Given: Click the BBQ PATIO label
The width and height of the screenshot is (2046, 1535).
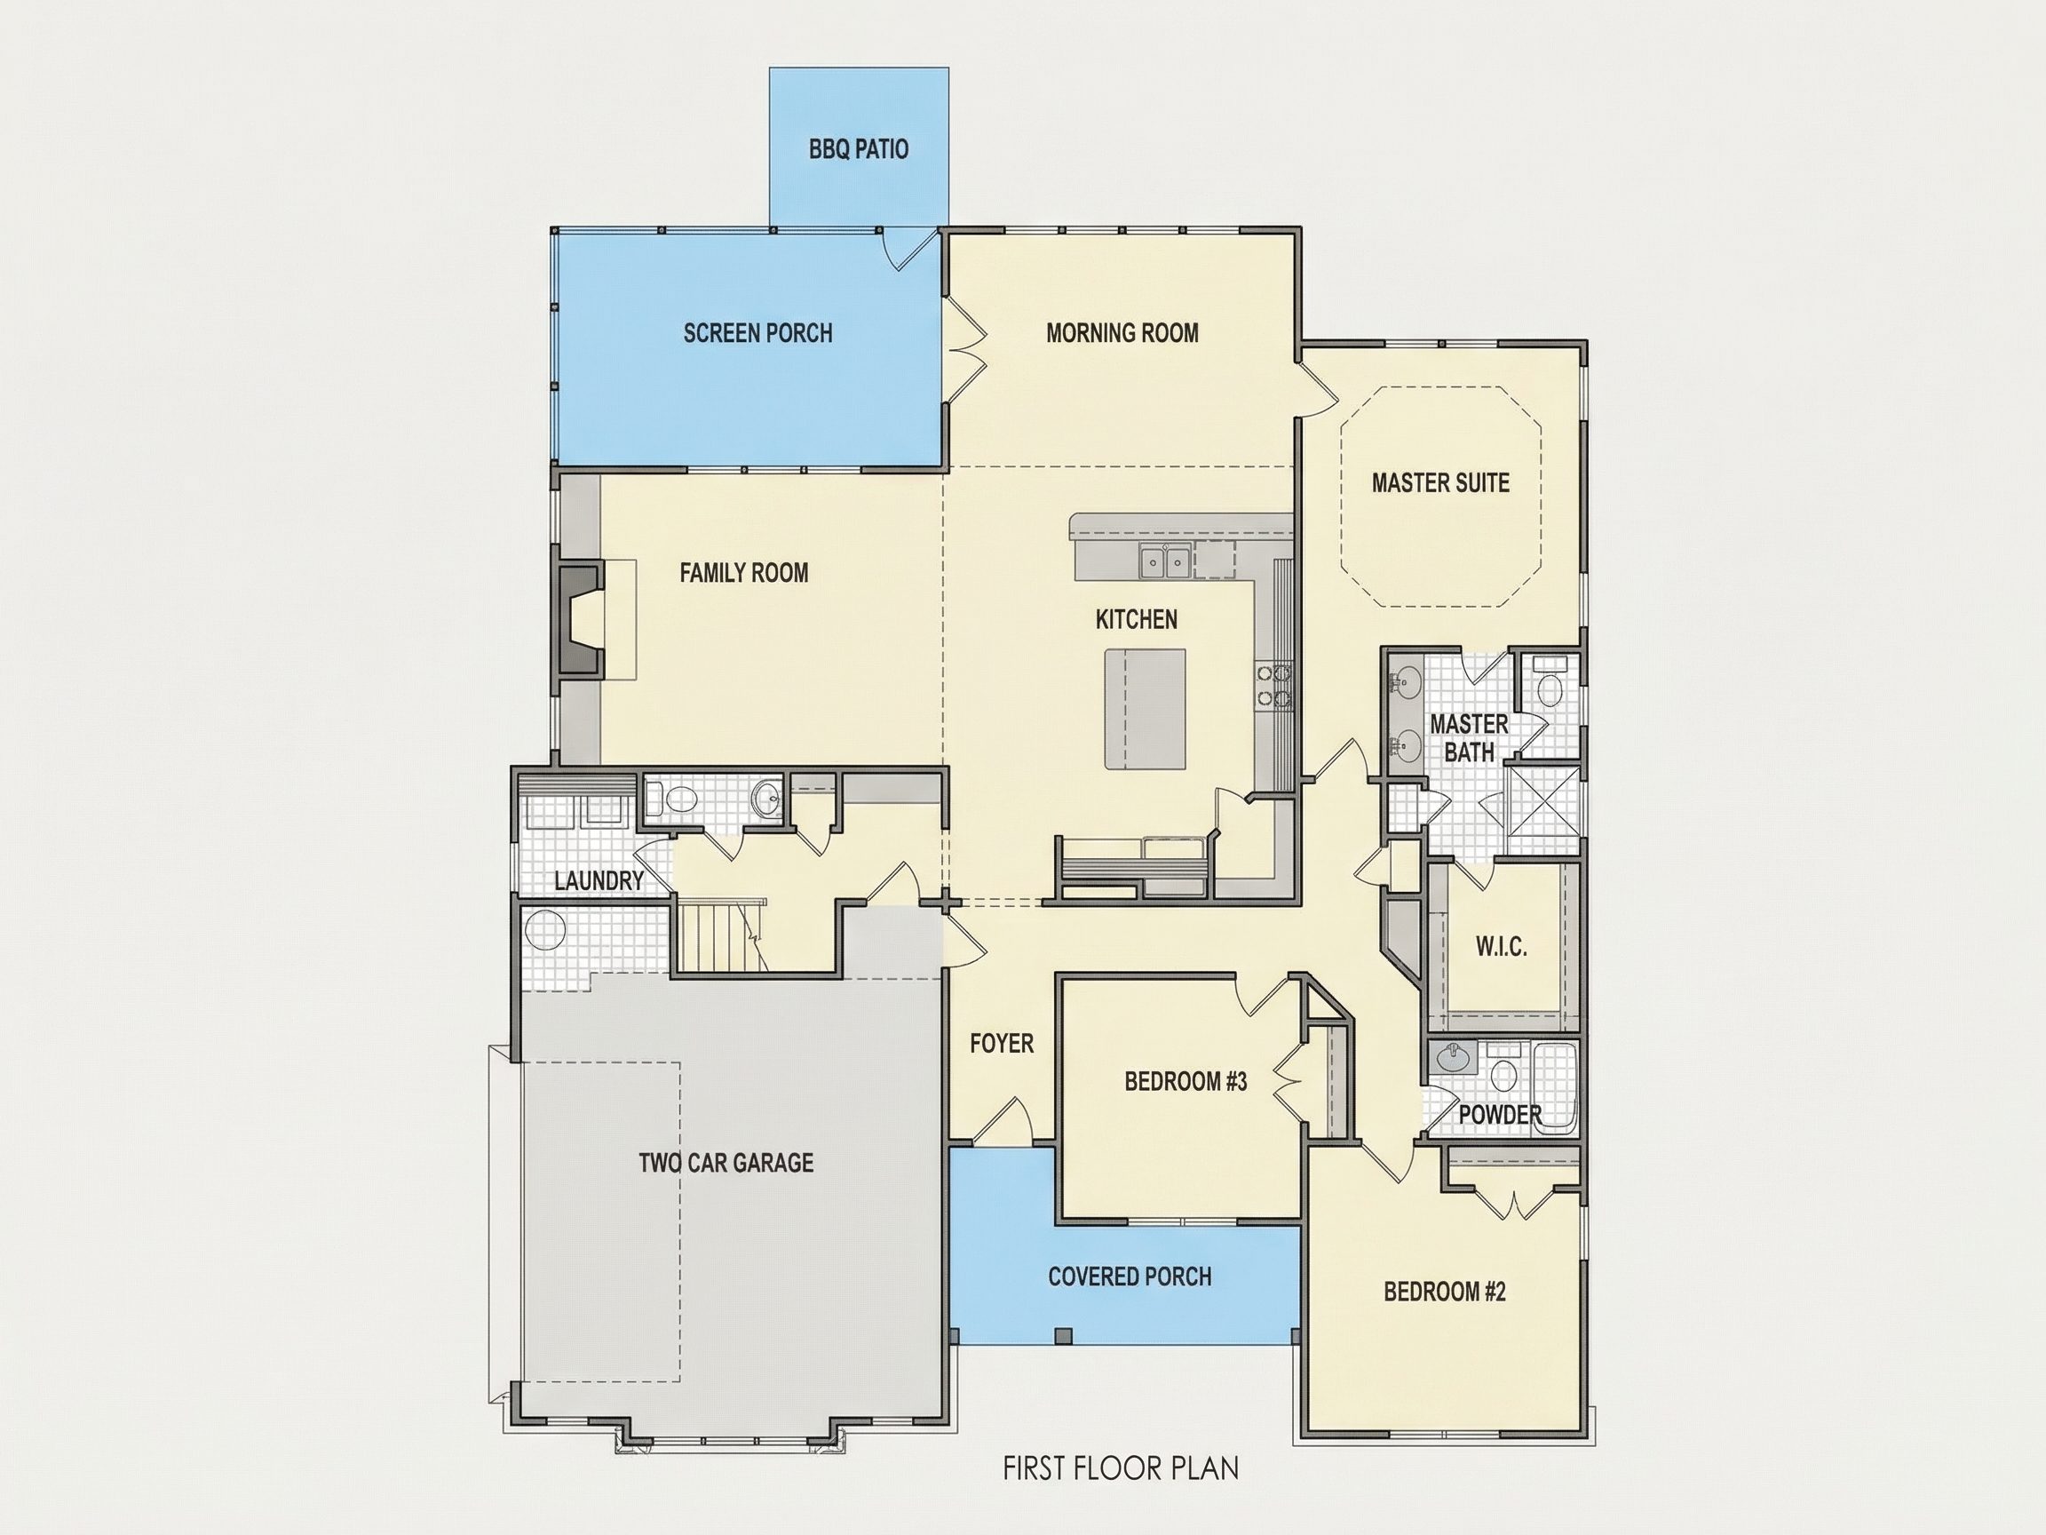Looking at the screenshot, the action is (859, 149).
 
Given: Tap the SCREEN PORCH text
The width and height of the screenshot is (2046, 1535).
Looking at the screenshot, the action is (757, 333).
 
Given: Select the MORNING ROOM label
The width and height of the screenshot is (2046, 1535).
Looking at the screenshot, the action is (1122, 333).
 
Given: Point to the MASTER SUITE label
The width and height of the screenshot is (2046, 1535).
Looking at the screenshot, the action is (1440, 483).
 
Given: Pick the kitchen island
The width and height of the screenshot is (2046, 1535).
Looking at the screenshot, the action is (1145, 709).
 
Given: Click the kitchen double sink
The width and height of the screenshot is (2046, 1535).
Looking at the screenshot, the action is (1164, 561).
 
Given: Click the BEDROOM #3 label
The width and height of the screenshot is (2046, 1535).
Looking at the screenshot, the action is (1186, 1082).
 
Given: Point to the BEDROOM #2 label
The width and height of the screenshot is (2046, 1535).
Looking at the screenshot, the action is (1445, 1292).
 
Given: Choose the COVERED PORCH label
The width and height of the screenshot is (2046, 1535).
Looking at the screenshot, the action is (1130, 1277).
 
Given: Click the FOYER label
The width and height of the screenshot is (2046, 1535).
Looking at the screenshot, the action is (1002, 1044).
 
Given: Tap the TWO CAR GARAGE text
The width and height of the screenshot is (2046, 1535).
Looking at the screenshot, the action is (726, 1163).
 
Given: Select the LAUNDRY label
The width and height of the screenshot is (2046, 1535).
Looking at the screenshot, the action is (599, 881).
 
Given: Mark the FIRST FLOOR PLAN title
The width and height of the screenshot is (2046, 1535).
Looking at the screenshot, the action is (1120, 1468).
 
